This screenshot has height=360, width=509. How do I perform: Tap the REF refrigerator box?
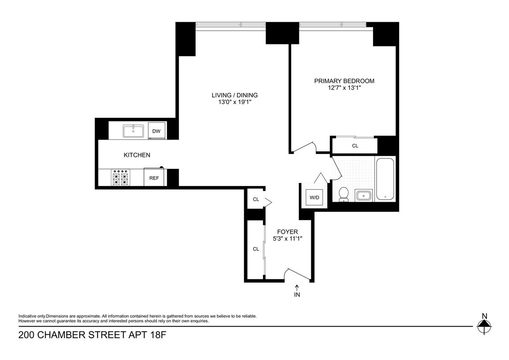point(154,178)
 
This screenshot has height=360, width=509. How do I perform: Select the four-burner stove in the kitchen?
point(120,178)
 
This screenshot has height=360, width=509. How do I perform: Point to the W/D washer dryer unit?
point(315,197)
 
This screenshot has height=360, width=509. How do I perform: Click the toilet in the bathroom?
point(342,195)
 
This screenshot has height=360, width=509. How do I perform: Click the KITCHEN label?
point(137,155)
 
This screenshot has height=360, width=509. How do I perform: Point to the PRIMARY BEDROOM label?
point(344,81)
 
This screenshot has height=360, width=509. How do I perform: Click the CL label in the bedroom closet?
point(355,146)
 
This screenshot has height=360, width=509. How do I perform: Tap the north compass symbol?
point(484,326)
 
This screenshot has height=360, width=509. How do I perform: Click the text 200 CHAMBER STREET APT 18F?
point(92,335)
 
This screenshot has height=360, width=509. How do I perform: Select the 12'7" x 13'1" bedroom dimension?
point(344,88)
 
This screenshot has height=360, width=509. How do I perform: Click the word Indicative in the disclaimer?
point(28,316)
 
